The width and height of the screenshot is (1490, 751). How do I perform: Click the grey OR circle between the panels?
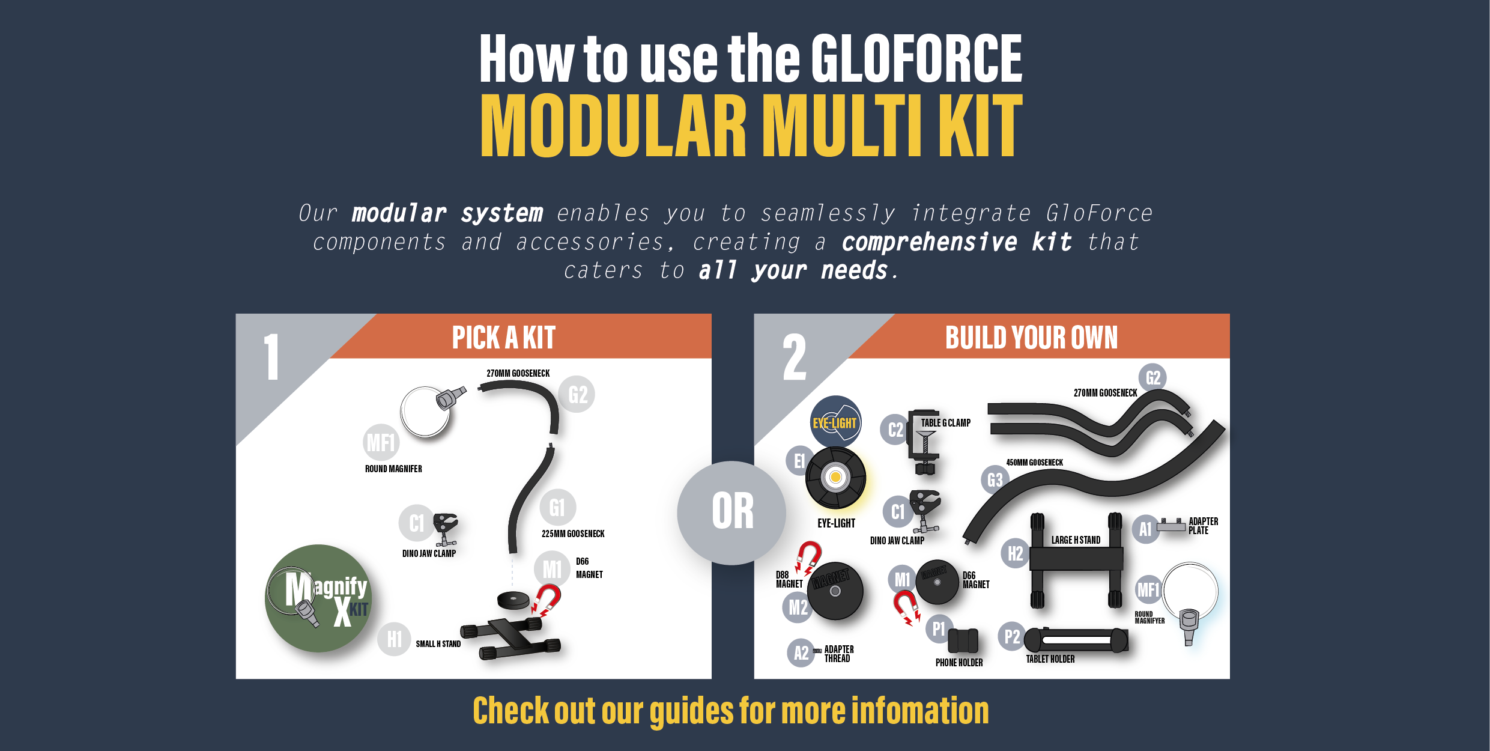coord(731,512)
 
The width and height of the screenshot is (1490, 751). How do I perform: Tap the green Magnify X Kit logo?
coord(318,598)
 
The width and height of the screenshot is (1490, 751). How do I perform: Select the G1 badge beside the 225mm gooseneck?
coord(557,508)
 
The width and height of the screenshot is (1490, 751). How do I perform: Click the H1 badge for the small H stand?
coord(395,639)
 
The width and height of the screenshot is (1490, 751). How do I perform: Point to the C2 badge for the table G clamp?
coord(895,430)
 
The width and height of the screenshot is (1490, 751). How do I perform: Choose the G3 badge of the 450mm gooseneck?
coord(995,479)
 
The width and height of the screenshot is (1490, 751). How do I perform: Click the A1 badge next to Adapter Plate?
coord(1146,529)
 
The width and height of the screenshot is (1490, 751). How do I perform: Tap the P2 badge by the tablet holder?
coord(1012,636)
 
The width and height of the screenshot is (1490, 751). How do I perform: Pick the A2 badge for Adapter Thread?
coord(801,652)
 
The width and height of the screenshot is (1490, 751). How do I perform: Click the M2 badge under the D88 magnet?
coord(798,607)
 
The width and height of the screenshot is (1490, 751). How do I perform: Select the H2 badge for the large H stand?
coord(1016,553)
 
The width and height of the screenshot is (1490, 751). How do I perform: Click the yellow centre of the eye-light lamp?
coord(835,478)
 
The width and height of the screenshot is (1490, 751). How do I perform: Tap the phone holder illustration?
coord(963,640)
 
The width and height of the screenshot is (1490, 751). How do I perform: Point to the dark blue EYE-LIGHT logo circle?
coord(835,422)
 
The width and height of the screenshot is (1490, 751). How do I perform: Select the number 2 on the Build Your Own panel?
coord(795,357)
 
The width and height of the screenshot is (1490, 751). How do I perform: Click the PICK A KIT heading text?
coord(504,337)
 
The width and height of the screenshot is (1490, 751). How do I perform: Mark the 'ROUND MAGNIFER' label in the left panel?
coord(393,469)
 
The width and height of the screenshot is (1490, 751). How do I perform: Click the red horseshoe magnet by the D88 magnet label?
coord(808,556)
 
